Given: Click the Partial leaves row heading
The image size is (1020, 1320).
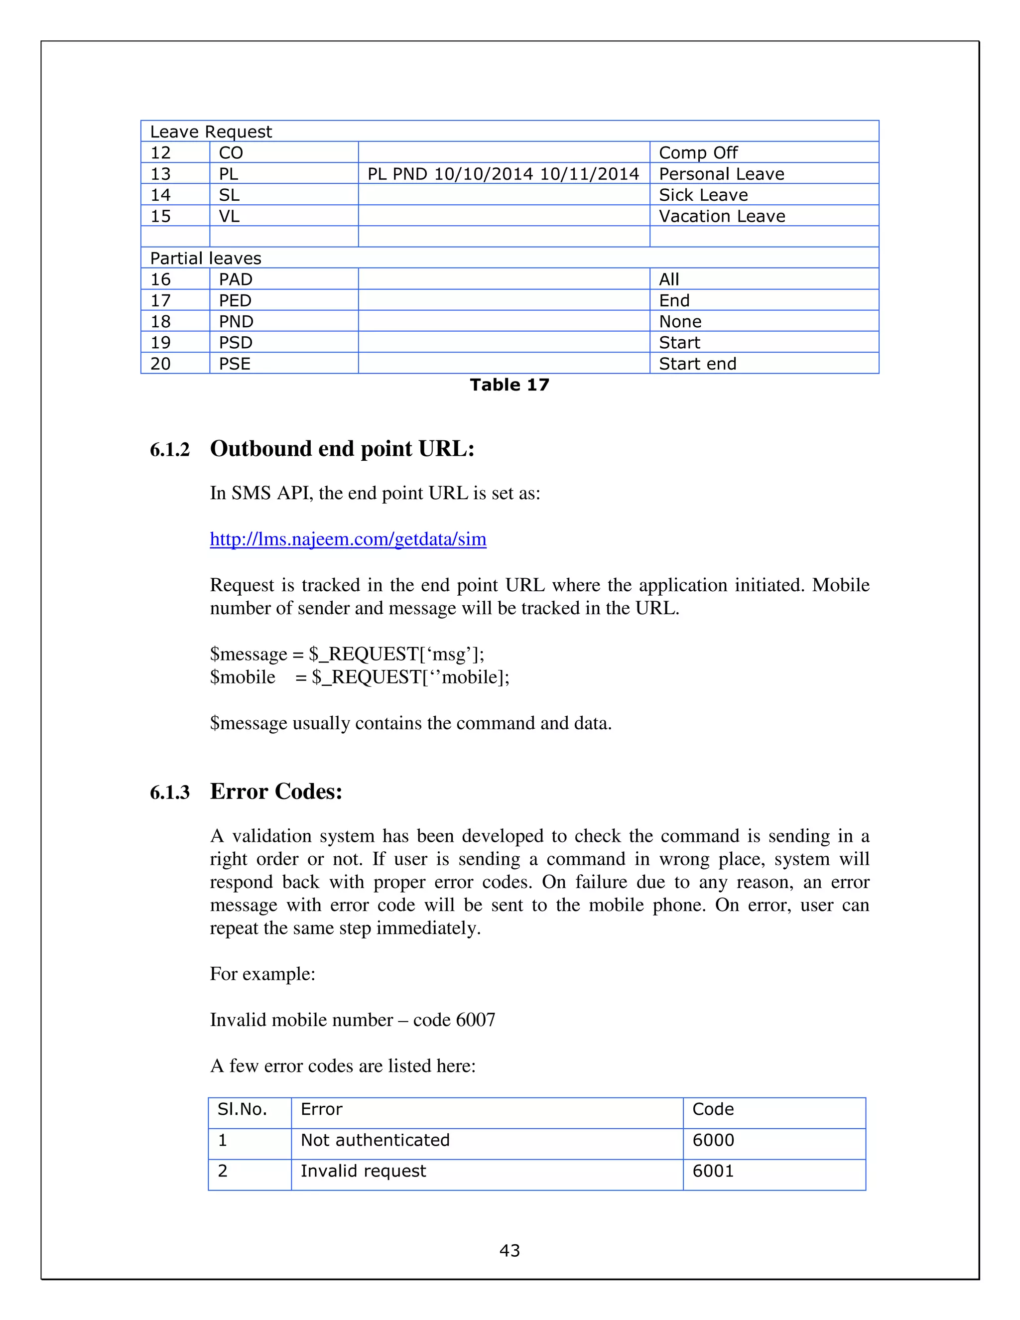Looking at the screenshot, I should (x=206, y=258).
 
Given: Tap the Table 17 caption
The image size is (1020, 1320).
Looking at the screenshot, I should (x=510, y=385).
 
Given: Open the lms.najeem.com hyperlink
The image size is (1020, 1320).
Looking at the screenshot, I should (x=348, y=539).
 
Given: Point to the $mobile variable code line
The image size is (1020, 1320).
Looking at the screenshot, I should (x=360, y=677).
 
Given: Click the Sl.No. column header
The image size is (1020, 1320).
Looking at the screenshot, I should (x=243, y=1109).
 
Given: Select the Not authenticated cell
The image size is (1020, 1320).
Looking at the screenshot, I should (x=375, y=1140).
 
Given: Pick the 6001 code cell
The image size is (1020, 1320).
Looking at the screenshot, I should (x=713, y=1171).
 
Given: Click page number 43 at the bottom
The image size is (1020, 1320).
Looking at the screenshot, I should (x=510, y=1250).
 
